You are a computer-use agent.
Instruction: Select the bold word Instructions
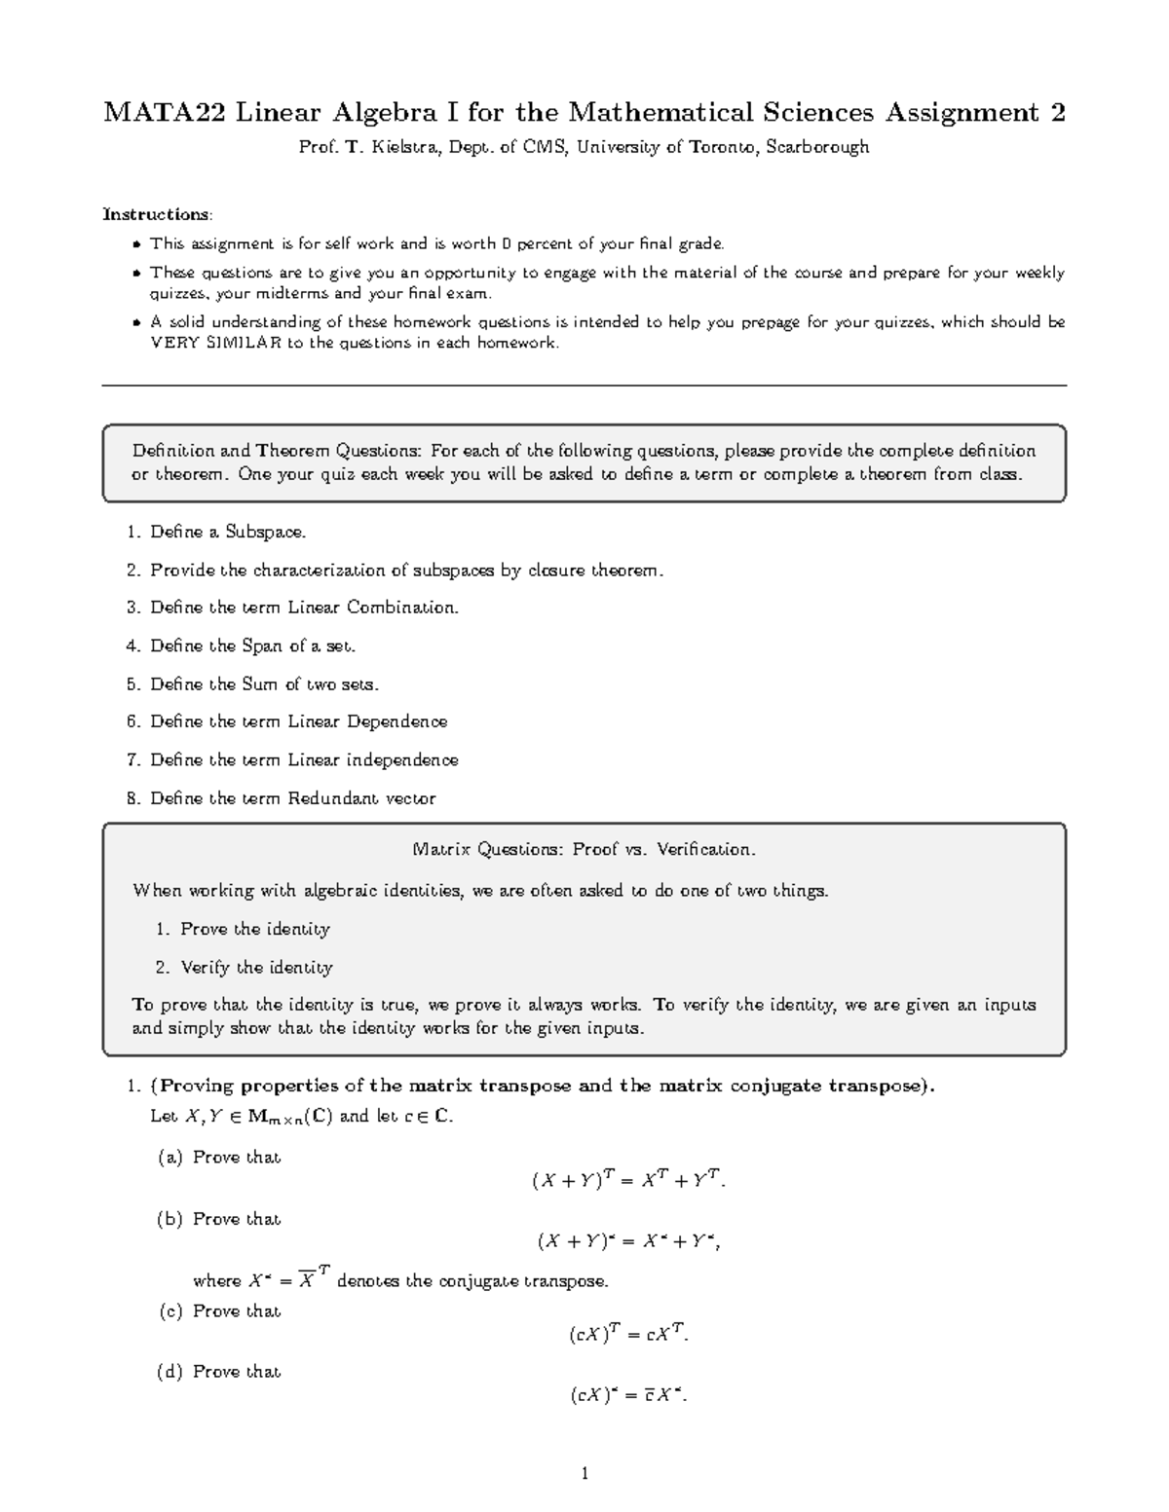tap(156, 214)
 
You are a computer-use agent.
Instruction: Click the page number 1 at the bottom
tap(584, 1473)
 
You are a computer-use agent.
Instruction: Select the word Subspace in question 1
tap(265, 533)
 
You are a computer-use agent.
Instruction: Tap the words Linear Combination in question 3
tap(372, 608)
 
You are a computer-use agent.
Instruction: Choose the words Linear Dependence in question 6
tap(367, 722)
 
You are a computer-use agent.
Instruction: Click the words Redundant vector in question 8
tap(361, 799)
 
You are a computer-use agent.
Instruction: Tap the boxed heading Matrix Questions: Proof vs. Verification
tap(584, 850)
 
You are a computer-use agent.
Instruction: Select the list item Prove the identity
tap(255, 930)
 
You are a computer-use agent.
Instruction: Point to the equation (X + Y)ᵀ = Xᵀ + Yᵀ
tap(629, 1180)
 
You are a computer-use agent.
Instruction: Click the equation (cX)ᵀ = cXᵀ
tap(629, 1335)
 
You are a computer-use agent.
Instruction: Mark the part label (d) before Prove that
tap(170, 1372)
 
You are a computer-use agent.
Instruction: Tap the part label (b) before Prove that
tap(170, 1219)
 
